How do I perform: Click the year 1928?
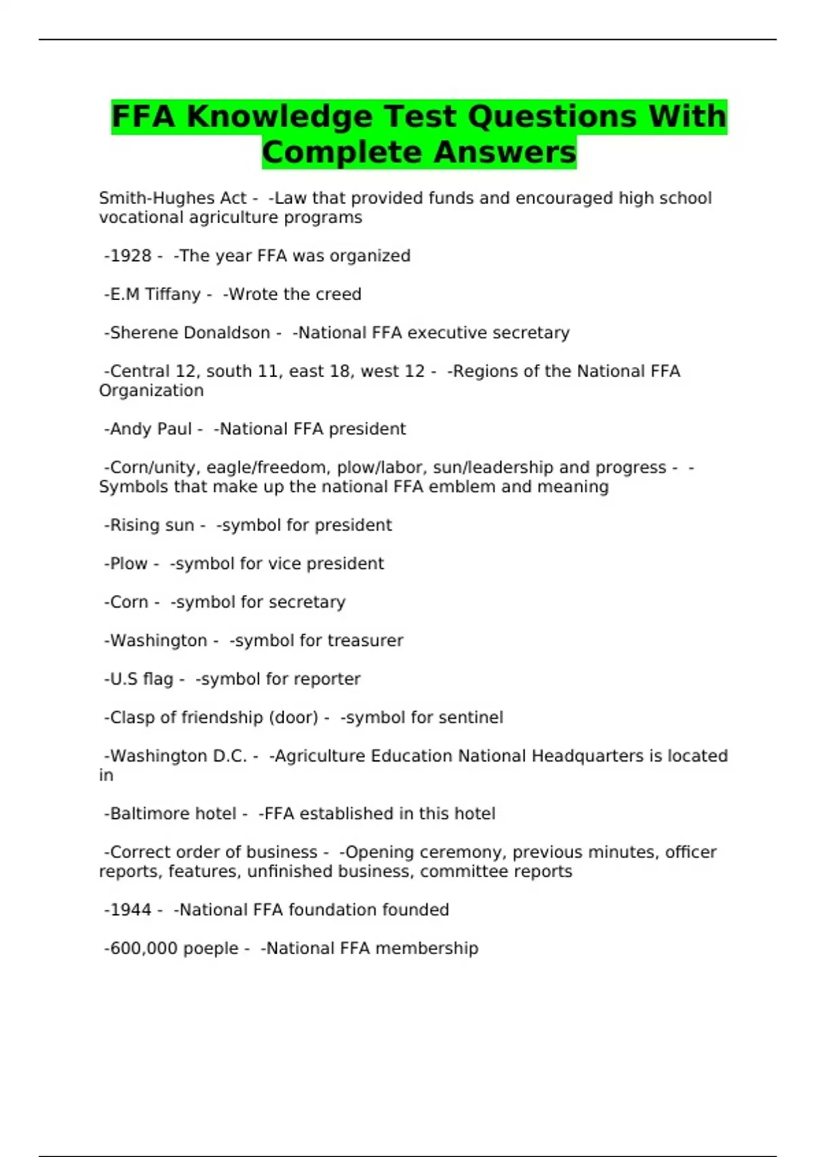pyautogui.click(x=131, y=256)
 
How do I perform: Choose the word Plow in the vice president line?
pyautogui.click(x=129, y=564)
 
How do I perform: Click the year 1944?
pyautogui.click(x=131, y=910)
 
